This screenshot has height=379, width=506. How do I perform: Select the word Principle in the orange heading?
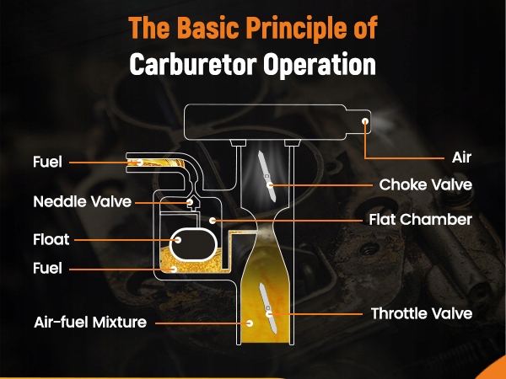point(293,28)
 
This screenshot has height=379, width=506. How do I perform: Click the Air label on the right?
point(460,157)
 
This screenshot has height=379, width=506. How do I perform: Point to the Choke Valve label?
point(425,183)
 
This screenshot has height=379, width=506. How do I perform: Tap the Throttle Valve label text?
point(422,313)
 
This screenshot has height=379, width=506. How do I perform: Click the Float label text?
point(52,239)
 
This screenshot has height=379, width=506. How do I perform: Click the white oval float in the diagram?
point(191,245)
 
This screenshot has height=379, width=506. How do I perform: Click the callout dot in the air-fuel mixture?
point(250,322)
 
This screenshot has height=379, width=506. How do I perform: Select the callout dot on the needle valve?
point(191,202)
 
